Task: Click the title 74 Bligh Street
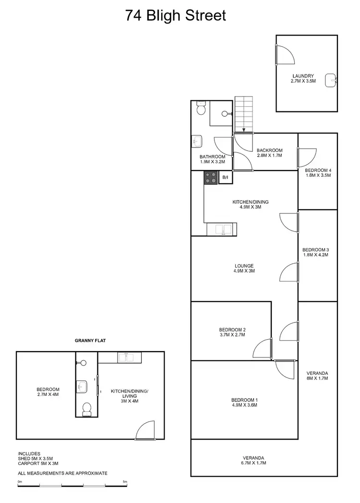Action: coord(175,15)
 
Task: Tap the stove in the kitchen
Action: coord(211,178)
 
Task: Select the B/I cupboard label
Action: coord(225,178)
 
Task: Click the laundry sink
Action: coord(331,80)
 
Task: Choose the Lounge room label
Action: coord(244,268)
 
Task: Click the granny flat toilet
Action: coord(87,409)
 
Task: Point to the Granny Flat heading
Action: coord(90,340)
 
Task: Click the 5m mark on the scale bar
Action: coord(125,481)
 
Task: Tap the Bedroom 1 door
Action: coord(284,369)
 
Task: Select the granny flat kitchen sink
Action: coord(128,357)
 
